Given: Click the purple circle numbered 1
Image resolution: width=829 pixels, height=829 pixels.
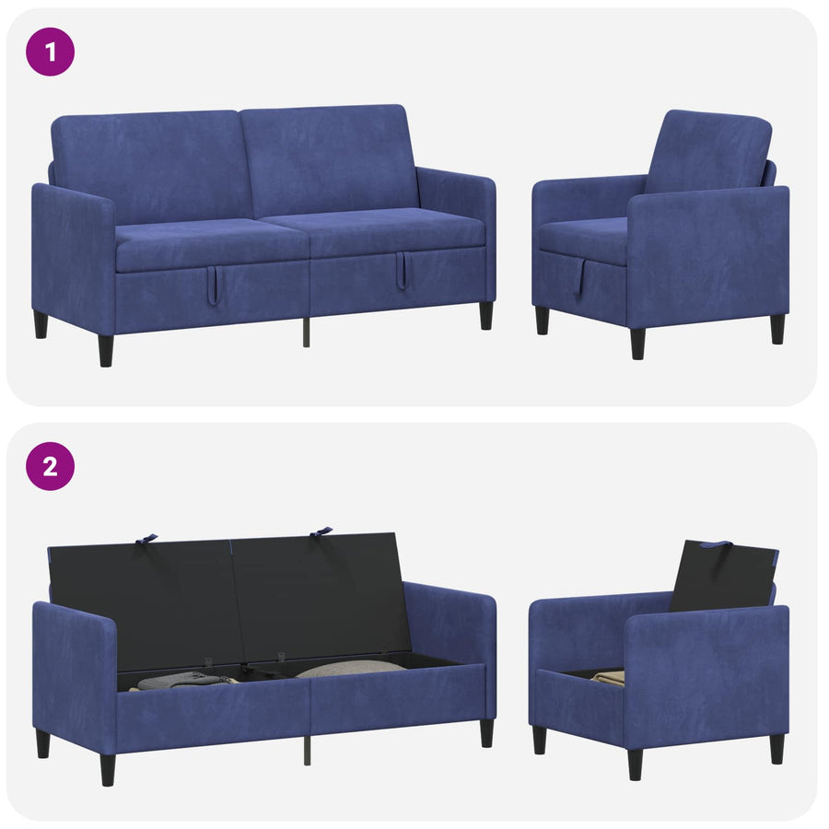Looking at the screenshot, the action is point(51,52).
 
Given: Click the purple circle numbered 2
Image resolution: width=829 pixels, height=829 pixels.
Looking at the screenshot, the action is point(51,466).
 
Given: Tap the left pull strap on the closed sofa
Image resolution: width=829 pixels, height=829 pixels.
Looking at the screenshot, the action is point(212,286).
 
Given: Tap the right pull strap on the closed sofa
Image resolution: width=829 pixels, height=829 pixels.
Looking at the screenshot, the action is point(402,270).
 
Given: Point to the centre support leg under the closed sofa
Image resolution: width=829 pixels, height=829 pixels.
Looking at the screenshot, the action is point(306,332).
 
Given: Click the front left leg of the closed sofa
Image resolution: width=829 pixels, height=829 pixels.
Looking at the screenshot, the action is point(106,350).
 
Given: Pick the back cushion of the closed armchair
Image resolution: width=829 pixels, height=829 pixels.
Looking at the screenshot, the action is point(708,152).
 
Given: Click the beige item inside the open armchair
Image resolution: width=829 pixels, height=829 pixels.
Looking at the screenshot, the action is point(608,677).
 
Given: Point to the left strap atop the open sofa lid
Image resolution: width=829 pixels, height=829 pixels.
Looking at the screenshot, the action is point(146,539).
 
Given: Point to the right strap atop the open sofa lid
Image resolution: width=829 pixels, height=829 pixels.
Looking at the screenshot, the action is point(321,531).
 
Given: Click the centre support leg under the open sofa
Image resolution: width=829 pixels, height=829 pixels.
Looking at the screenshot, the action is point(307,750).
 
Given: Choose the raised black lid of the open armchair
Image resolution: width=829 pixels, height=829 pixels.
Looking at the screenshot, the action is point(723,577).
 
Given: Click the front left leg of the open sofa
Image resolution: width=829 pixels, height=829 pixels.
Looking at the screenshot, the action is point(108,769).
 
